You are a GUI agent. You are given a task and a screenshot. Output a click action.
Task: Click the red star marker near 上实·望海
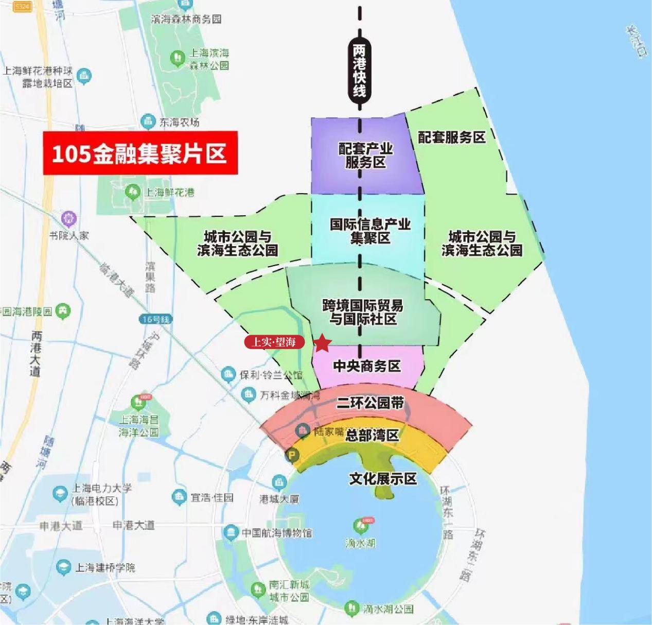coord(322,342)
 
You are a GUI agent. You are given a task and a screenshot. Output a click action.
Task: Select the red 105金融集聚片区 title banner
coord(139,153)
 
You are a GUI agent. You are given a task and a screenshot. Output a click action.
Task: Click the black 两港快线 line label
coord(359,70)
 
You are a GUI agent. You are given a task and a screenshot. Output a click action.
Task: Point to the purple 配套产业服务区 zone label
coord(365,155)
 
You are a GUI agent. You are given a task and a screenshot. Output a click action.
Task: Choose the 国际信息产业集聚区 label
coord(370,231)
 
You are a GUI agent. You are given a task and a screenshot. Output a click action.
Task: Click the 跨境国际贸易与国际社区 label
coord(363,312)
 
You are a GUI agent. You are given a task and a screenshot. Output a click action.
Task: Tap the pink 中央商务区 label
coord(366,366)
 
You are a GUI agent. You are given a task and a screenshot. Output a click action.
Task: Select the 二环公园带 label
coord(370,403)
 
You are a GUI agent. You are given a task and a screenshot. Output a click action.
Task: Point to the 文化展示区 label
coord(383,479)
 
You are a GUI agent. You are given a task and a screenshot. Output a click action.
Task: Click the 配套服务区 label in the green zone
coord(451,137)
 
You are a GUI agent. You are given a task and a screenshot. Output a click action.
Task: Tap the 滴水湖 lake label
coord(360,543)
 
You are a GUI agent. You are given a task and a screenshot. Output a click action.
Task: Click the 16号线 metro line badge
coord(155,319)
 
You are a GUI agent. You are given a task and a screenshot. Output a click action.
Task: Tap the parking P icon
coord(292,456)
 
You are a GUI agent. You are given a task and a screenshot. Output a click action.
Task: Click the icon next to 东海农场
coord(148,122)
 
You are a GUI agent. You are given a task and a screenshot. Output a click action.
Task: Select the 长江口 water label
coord(636,41)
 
